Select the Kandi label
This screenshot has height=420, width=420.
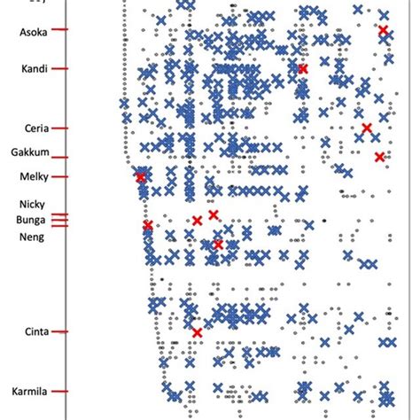click(31, 68)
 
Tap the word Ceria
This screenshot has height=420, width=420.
click(32, 128)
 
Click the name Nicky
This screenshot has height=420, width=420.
click(32, 203)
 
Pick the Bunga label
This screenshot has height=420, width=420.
click(31, 219)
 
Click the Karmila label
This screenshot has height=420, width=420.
click(28, 391)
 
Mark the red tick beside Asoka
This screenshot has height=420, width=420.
click(59, 30)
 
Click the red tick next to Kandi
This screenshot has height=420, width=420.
click(59, 68)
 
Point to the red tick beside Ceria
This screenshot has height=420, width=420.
click(59, 128)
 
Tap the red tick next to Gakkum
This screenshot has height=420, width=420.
click(59, 152)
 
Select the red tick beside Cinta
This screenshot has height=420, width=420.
click(59, 331)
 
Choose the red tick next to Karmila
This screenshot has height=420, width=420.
click(59, 391)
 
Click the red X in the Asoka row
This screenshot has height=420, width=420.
click(383, 31)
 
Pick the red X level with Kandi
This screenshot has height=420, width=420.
click(303, 68)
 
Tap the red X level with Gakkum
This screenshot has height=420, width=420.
click(379, 157)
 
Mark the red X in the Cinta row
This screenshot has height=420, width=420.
click(197, 332)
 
